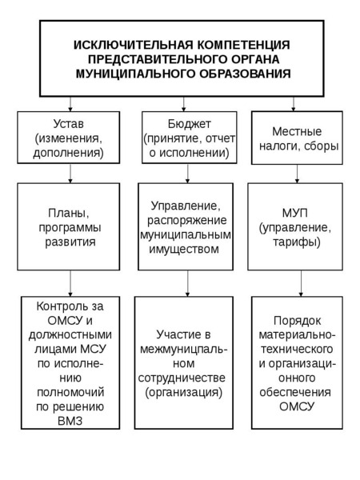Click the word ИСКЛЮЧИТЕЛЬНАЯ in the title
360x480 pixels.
134,45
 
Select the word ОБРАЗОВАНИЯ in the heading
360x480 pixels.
245,74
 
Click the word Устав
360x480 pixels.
69,124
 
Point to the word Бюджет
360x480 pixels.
189,124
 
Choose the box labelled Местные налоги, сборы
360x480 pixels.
297,138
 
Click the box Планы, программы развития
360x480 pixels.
69,226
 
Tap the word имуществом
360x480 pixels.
184,249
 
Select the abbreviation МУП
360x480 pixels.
294,213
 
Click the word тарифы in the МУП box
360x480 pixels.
295,242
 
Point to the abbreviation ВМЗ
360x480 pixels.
70,422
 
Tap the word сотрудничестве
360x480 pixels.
182,378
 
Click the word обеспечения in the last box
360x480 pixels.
295,393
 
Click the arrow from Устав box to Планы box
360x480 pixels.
70,174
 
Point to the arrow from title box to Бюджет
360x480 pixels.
184,104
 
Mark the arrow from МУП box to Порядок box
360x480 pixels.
301,283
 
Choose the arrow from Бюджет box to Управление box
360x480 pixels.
188,174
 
